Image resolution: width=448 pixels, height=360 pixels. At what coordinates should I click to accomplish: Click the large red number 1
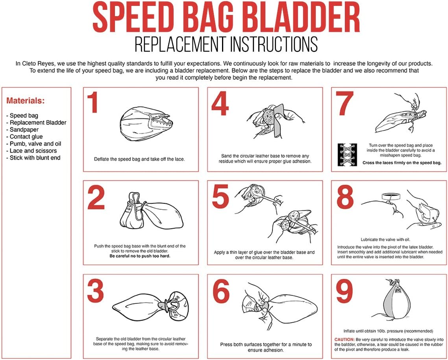[93, 103]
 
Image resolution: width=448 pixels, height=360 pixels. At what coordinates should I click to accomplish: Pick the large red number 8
[345, 198]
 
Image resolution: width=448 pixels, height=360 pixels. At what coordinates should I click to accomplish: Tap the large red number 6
[220, 292]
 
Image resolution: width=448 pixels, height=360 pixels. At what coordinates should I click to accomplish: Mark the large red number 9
[345, 292]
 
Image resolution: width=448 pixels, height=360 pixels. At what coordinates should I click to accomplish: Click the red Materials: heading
[26, 101]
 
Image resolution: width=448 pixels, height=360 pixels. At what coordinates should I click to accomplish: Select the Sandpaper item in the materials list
[24, 129]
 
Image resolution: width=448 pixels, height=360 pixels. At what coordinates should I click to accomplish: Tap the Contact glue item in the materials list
[26, 137]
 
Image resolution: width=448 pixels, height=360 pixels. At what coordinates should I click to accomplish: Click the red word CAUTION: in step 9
[344, 339]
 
